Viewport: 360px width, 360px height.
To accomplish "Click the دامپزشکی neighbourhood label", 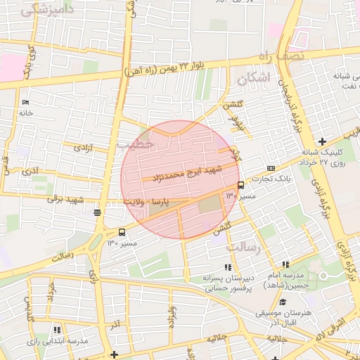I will pyautogui.click(x=48, y=10).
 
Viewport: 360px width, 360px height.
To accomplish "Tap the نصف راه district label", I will pyautogui.click(x=280, y=55).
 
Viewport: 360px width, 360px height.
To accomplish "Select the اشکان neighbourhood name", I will pyautogui.click(x=255, y=79).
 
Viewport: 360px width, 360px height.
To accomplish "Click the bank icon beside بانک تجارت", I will pyautogui.click(x=271, y=169).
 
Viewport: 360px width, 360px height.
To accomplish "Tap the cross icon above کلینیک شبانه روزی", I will pyautogui.click(x=322, y=141).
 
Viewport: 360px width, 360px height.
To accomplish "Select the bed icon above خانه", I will pyautogui.click(x=26, y=102).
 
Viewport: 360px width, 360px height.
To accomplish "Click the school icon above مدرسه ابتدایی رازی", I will pyautogui.click(x=57, y=329).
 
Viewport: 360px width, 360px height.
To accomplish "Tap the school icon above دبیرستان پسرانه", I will pyautogui.click(x=227, y=267).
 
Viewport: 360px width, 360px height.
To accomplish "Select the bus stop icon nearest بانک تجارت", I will pyautogui.click(x=240, y=185).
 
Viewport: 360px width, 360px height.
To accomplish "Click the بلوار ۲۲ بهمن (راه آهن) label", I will pyautogui.click(x=167, y=67).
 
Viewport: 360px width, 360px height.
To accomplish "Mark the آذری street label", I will pyautogui.click(x=30, y=170).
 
